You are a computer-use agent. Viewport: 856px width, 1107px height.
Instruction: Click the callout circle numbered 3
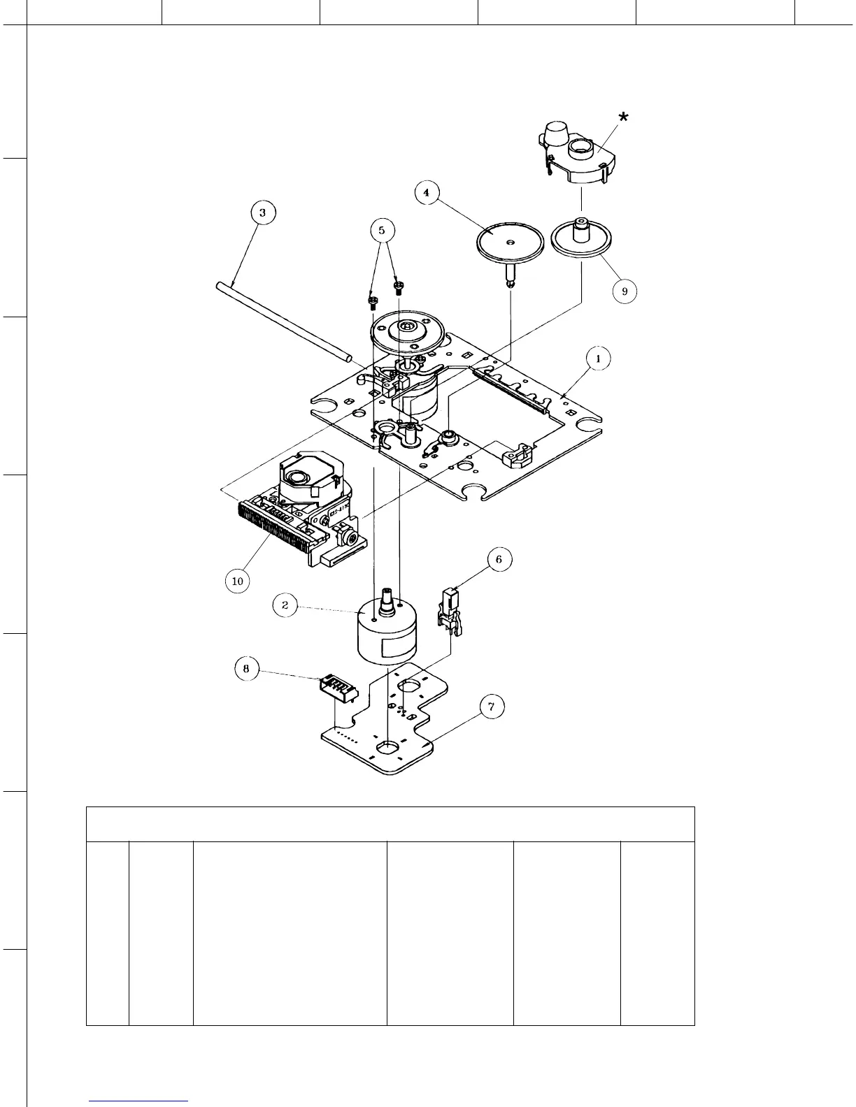[x=262, y=212]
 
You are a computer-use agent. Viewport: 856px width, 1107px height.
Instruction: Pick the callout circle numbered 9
[x=624, y=291]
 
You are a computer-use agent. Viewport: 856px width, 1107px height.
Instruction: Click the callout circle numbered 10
[x=238, y=581]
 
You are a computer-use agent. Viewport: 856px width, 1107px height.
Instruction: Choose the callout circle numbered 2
[x=285, y=605]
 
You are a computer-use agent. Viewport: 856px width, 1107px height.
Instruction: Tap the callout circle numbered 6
[x=499, y=560]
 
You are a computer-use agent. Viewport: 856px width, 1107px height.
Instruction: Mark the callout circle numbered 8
[x=246, y=670]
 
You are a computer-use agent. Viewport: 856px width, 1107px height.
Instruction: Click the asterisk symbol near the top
[x=622, y=118]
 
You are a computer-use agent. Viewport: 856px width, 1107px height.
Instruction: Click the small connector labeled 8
[x=338, y=688]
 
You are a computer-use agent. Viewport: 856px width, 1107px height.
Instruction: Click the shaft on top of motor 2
[x=386, y=600]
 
